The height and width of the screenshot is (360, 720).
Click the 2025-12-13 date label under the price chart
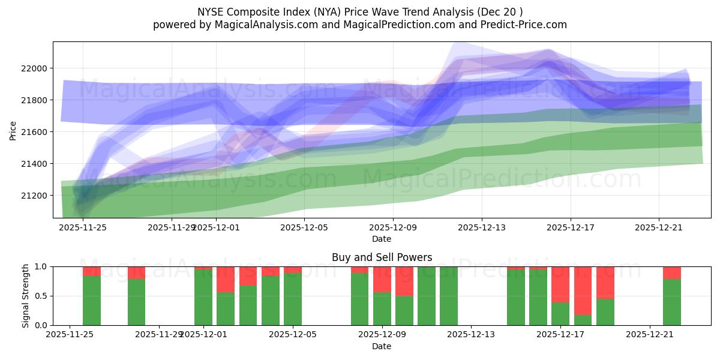pos(482,227)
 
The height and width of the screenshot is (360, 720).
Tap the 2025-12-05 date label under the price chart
pos(305,227)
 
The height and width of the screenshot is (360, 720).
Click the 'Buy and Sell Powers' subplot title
pos(382,257)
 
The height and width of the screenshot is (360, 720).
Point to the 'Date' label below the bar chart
pos(382,346)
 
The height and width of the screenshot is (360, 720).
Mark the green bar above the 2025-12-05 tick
pos(293,299)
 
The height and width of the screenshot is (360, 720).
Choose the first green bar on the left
pos(92,301)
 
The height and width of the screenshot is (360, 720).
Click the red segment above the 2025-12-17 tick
pos(560,284)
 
